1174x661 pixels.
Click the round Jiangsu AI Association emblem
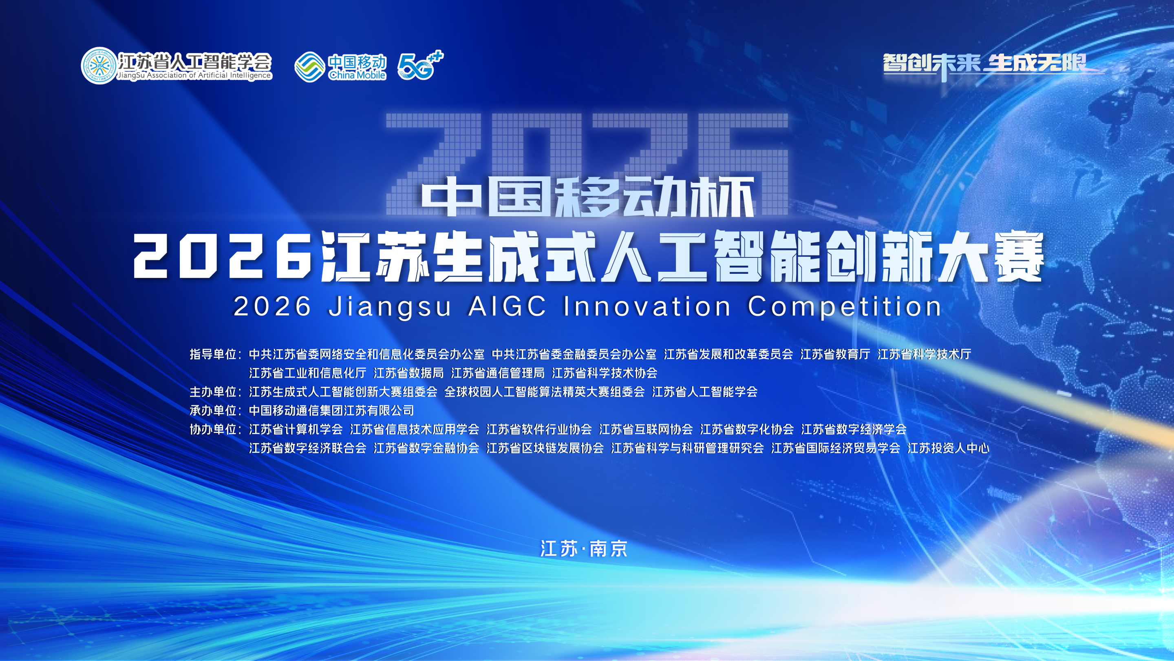click(99, 66)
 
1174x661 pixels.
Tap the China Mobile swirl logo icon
click(310, 67)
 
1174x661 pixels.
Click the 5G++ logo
click(420, 65)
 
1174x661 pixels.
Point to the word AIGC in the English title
click(507, 306)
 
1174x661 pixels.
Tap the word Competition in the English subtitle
click(845, 306)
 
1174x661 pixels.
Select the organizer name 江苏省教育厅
click(835, 354)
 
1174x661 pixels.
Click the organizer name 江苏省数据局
click(408, 373)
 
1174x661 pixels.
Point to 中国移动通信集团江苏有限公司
click(331, 410)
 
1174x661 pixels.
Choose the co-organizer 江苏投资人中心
click(949, 448)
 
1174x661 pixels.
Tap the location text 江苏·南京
click(584, 549)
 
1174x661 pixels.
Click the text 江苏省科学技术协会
click(604, 373)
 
